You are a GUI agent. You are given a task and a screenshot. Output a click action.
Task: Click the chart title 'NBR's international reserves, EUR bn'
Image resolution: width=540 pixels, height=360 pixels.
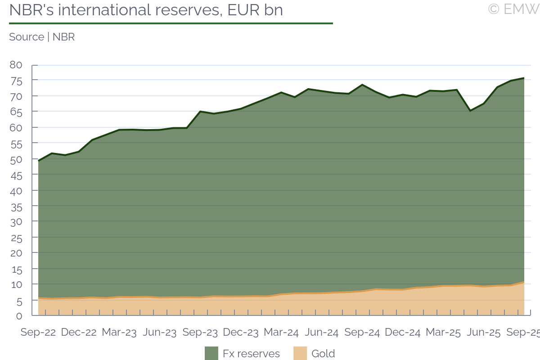click(146, 10)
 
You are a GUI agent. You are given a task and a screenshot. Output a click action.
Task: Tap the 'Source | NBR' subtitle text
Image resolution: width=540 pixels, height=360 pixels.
click(42, 37)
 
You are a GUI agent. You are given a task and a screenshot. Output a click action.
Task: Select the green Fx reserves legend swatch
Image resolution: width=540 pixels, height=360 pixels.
click(211, 353)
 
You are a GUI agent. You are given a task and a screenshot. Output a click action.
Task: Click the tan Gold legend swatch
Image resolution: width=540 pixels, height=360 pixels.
click(300, 353)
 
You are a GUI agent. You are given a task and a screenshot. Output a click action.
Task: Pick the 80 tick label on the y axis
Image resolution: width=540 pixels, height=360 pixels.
click(16, 65)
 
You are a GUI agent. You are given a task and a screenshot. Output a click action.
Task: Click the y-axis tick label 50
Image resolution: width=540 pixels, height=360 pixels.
click(16, 159)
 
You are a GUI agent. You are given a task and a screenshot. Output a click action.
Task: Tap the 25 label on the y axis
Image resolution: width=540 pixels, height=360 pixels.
click(16, 237)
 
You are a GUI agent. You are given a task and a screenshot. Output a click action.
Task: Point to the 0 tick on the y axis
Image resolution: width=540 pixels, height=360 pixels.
click(19, 315)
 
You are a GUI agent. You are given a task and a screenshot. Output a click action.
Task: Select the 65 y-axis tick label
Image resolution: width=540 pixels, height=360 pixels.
click(16, 112)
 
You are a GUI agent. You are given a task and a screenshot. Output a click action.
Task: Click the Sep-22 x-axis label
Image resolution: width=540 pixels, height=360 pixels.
click(38, 333)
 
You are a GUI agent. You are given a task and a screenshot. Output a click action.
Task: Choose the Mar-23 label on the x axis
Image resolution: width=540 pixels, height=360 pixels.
click(119, 333)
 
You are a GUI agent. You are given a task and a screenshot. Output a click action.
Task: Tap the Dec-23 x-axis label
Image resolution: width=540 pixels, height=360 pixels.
click(241, 333)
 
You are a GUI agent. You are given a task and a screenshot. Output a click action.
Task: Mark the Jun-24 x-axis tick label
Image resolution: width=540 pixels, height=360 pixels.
click(322, 333)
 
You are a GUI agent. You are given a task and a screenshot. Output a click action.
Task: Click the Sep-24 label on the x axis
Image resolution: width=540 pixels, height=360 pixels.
click(362, 333)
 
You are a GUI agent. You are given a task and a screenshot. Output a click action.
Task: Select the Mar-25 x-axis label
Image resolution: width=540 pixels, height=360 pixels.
click(443, 333)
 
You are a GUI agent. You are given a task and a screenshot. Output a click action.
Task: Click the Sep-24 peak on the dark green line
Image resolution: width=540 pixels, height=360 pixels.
click(362, 85)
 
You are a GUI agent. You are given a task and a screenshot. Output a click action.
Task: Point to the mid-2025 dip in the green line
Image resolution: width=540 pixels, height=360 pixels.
click(470, 110)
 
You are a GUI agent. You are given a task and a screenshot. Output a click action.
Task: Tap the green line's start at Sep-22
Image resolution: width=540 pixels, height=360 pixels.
click(39, 161)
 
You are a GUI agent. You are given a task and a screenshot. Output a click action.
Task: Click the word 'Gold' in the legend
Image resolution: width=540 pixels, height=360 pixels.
click(323, 354)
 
